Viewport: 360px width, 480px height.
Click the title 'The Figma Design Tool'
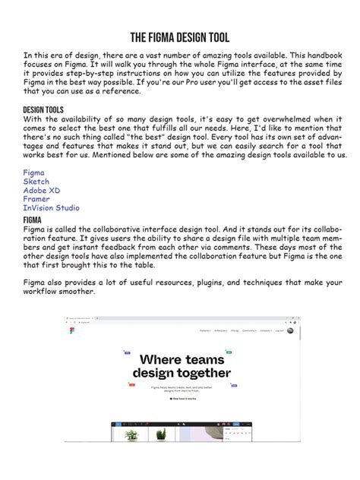click(x=180, y=38)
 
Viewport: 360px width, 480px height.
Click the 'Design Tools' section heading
click(x=43, y=110)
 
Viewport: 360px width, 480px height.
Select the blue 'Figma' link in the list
click(x=33, y=173)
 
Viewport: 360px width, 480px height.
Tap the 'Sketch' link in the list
click(x=36, y=182)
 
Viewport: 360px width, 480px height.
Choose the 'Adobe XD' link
click(x=43, y=191)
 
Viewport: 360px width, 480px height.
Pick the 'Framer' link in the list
click(x=36, y=199)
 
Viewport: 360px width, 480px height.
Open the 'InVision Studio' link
click(x=51, y=208)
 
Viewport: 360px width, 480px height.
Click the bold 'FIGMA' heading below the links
click(x=32, y=219)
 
